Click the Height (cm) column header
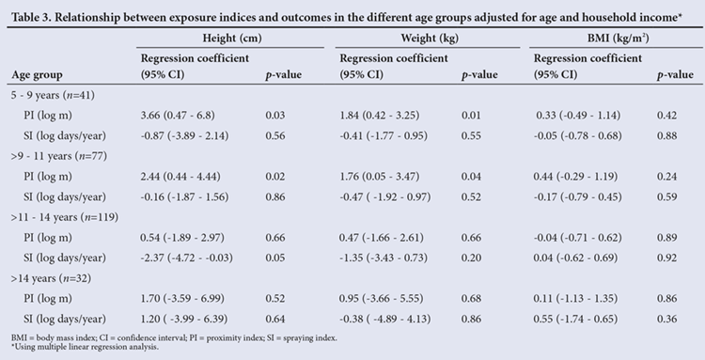click(x=232, y=39)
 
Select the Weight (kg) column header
click(x=430, y=39)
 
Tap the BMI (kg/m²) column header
click(x=619, y=39)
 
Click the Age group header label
click(x=37, y=74)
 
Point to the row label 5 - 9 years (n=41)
click(x=53, y=95)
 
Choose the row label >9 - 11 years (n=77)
click(x=59, y=156)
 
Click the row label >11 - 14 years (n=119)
click(x=65, y=217)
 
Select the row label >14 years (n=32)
click(x=52, y=278)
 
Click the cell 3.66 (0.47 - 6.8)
click(x=178, y=116)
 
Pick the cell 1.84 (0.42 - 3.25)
click(x=380, y=116)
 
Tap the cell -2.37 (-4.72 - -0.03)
click(x=187, y=258)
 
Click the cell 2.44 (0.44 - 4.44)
click(x=180, y=177)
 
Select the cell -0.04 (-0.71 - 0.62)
click(x=578, y=238)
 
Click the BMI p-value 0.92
click(x=666, y=258)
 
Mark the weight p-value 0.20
click(x=471, y=258)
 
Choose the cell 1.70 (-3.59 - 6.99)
click(x=182, y=299)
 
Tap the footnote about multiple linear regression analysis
click(x=85, y=347)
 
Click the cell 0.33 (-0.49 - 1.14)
click(x=578, y=116)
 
